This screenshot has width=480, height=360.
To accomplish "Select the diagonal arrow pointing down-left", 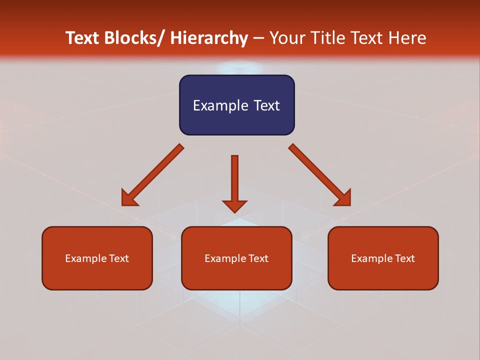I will [152, 175].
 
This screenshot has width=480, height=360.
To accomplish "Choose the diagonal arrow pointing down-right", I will [320, 175].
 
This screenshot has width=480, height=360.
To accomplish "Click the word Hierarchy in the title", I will [209, 38].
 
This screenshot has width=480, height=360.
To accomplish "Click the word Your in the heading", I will [287, 38].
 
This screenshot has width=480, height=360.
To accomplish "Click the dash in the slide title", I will [258, 38].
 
